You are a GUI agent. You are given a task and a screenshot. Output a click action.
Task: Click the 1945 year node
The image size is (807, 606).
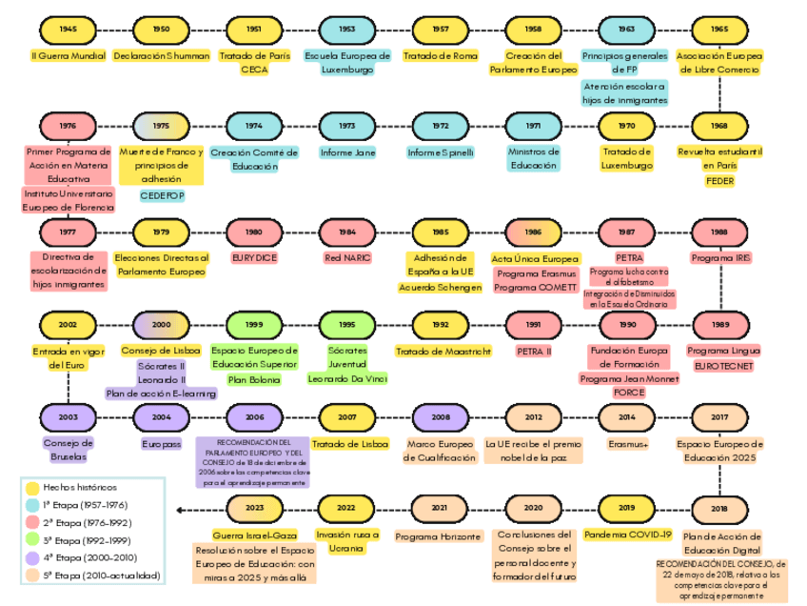coord(69,30)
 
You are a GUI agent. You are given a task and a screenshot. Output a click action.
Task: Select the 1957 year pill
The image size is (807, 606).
coord(440,30)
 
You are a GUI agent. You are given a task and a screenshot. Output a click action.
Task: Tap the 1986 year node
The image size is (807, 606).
coord(533,232)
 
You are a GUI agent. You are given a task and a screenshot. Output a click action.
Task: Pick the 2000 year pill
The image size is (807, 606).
coord(161,325)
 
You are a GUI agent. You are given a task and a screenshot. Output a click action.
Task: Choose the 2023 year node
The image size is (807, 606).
coord(254,509)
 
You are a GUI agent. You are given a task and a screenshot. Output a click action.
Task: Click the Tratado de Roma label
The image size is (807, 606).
coord(440,56)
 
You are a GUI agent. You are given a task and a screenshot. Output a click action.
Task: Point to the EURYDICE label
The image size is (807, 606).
coord(254,257)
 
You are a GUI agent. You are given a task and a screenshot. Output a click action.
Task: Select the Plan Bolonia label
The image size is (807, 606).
coord(254,379)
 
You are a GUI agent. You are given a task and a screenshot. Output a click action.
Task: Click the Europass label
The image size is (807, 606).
coord(161,444)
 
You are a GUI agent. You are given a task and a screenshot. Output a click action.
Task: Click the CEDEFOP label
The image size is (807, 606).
coord(161,195)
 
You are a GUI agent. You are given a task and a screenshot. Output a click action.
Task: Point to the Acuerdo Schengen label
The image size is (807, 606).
coord(440,287)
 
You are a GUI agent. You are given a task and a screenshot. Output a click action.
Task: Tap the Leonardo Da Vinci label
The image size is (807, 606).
coord(347,378)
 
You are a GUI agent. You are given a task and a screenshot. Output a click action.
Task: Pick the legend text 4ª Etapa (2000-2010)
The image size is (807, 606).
coord(85,557)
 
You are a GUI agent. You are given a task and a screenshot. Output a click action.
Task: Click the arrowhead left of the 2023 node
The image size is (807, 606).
coord(181,510)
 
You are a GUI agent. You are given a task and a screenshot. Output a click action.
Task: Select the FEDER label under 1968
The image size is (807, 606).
coord(719,181)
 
